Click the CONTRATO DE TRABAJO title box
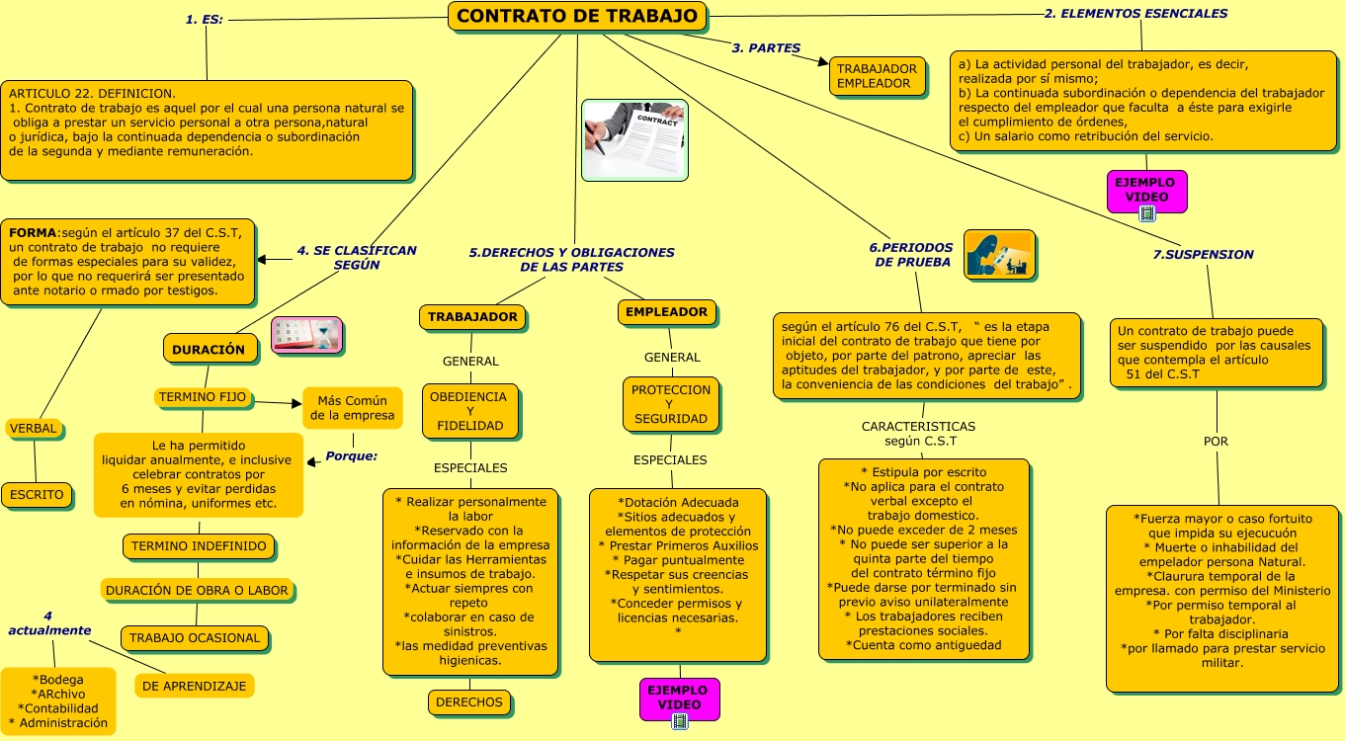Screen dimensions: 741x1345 coord(578,17)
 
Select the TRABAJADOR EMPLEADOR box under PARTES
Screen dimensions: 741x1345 coord(877,76)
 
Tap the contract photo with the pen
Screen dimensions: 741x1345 coord(633,139)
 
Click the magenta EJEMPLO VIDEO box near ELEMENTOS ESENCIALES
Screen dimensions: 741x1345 coord(1146,190)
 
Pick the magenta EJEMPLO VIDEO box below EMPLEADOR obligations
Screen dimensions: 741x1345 coord(679,698)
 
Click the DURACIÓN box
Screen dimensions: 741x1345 coord(209,349)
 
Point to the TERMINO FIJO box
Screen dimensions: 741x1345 coord(203,398)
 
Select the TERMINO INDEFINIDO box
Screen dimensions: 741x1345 coord(199,545)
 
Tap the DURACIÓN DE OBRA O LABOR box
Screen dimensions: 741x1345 coord(197,591)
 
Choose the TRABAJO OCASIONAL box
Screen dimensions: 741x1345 coord(195,637)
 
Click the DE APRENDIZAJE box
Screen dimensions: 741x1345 coord(195,686)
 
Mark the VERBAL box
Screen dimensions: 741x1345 coord(34,429)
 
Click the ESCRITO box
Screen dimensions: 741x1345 coord(37,495)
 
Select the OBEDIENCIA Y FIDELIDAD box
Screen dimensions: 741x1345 coord(469,411)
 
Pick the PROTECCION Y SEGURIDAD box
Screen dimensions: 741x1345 coord(671,404)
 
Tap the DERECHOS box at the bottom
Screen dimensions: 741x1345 coord(469,702)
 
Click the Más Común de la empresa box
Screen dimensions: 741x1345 coord(352,408)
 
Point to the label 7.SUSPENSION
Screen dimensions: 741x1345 coord(1203,255)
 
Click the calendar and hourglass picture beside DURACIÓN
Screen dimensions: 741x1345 coord(307,335)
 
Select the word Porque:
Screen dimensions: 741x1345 coord(352,456)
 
